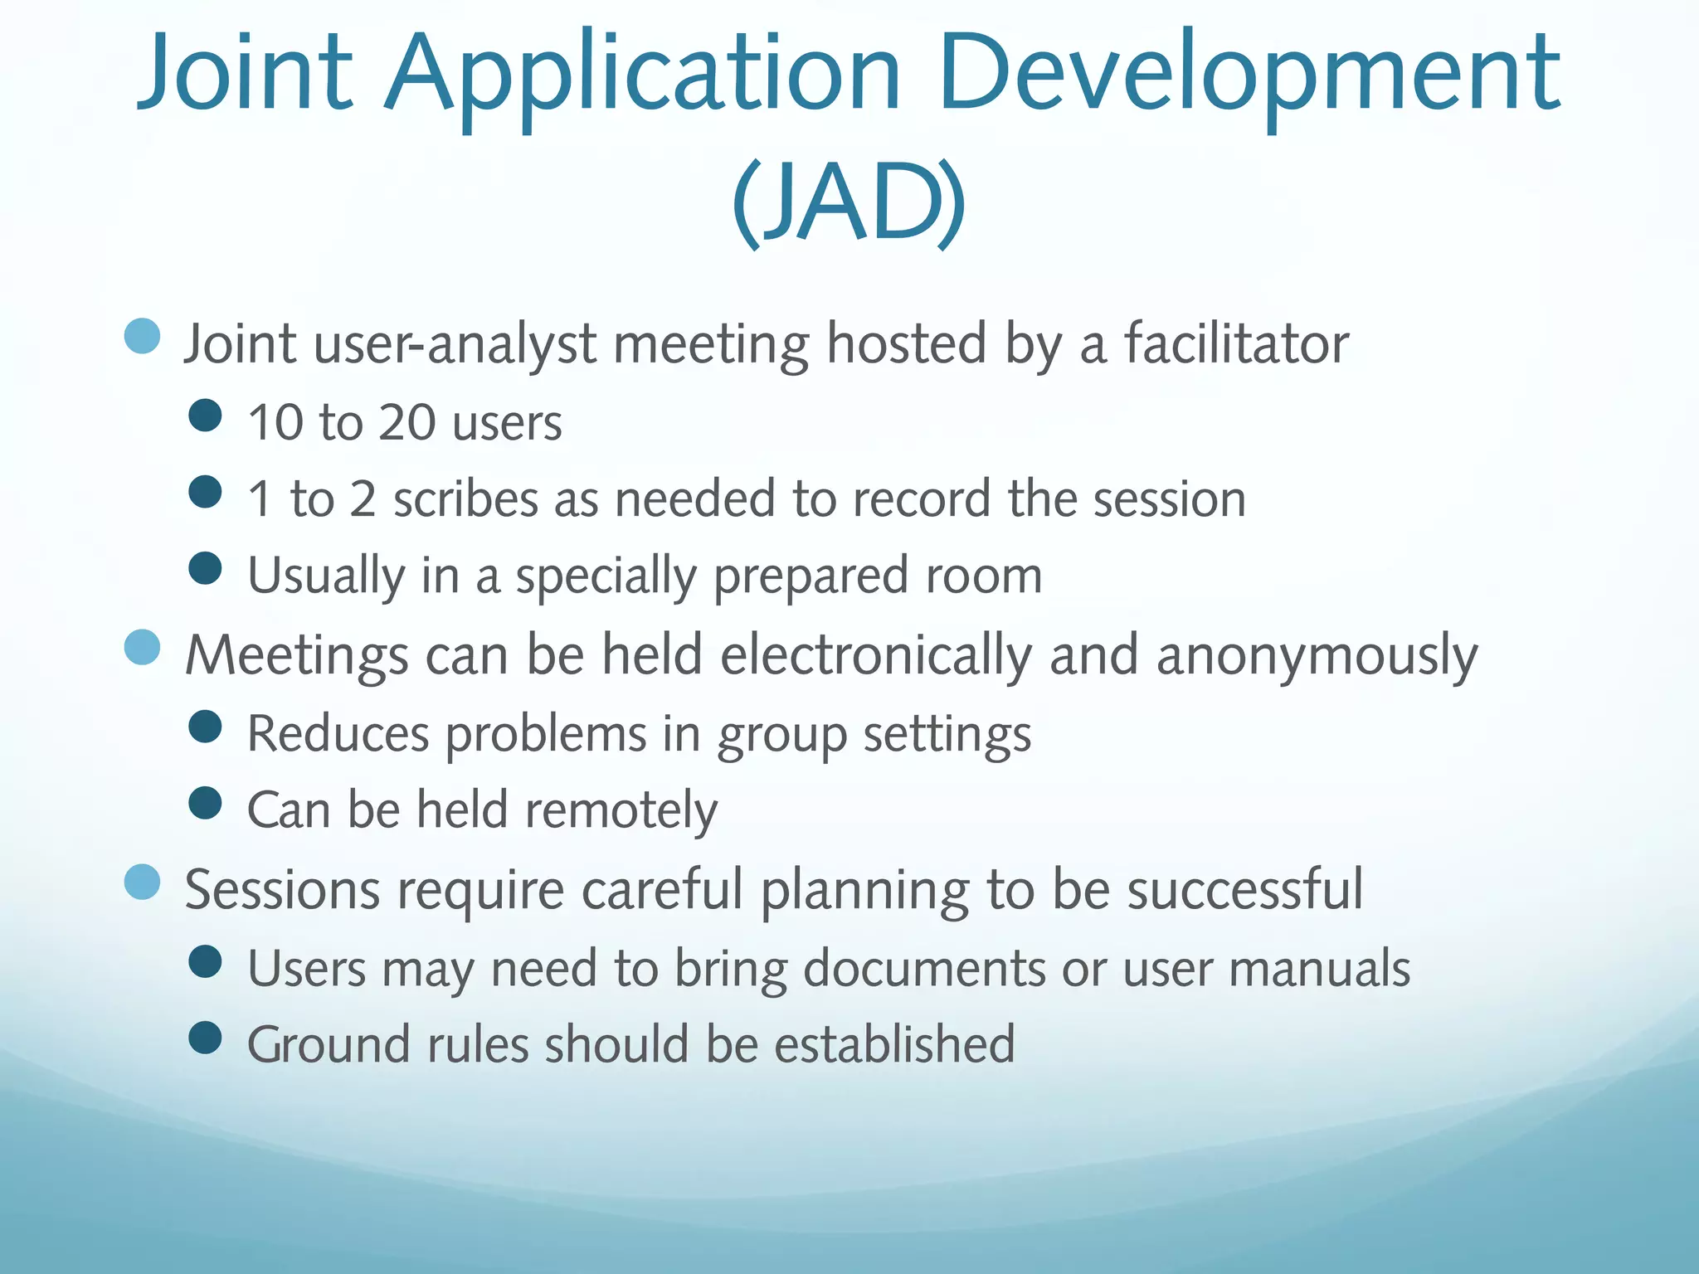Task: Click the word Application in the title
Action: (x=643, y=75)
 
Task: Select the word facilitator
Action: (x=1236, y=343)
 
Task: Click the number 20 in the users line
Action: (x=406, y=422)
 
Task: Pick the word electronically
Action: (x=875, y=655)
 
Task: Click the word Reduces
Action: (x=337, y=734)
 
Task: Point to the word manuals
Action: (x=1319, y=968)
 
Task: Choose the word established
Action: (x=894, y=1044)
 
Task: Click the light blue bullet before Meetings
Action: (x=142, y=648)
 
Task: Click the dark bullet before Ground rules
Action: (x=205, y=1037)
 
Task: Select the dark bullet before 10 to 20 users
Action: (x=205, y=416)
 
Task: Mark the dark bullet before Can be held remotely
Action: (x=205, y=803)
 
